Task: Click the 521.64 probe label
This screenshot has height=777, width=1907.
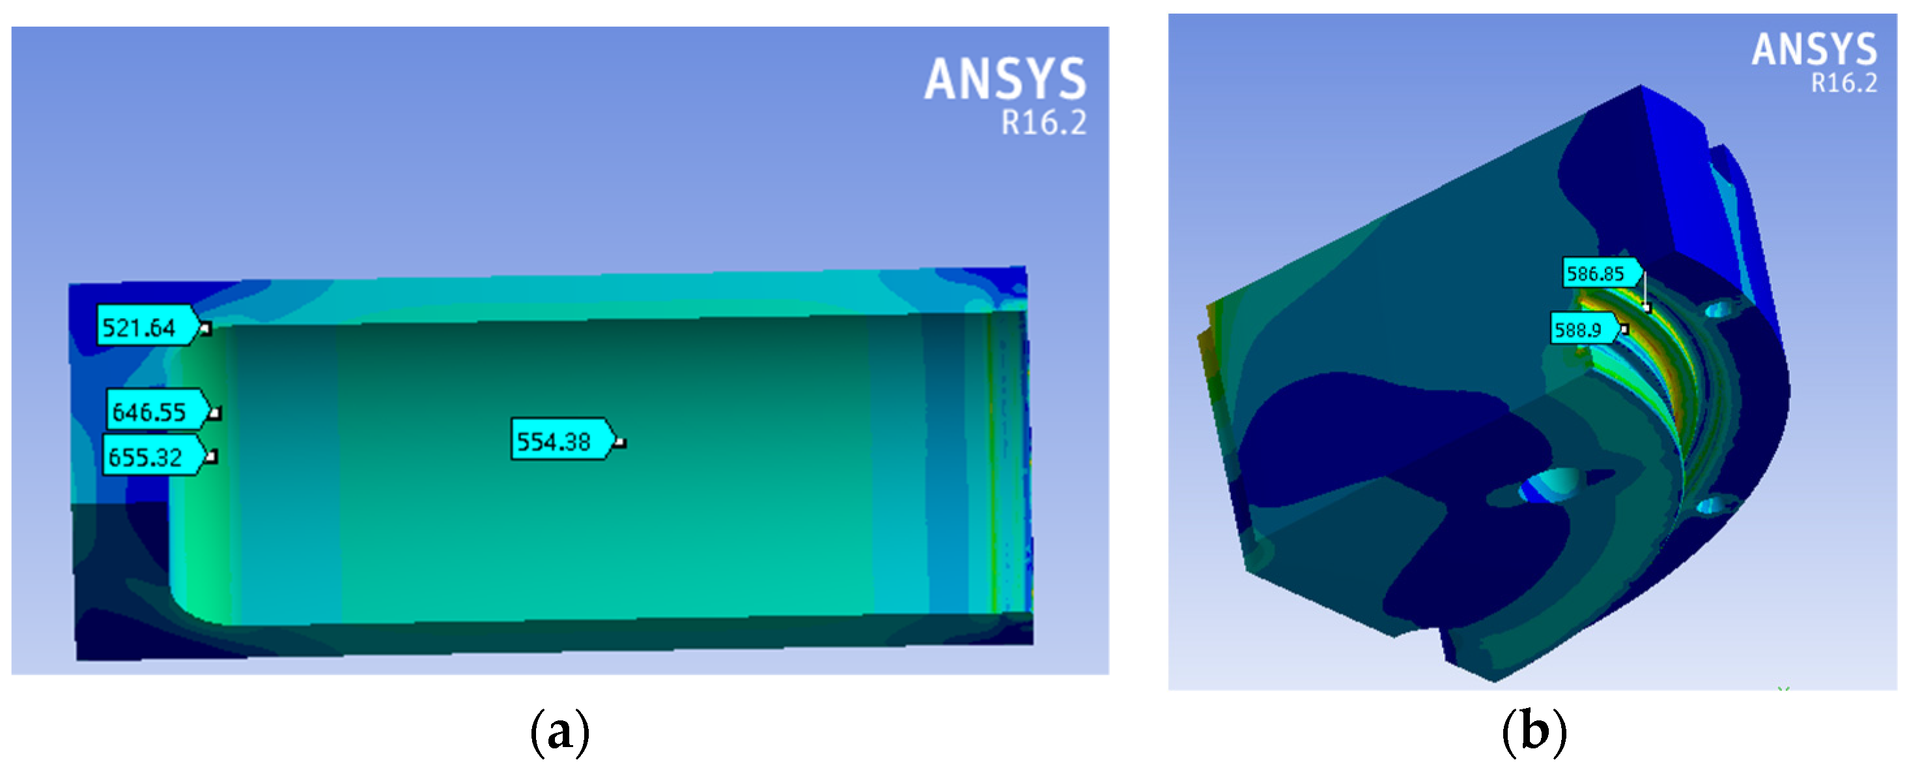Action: pyautogui.click(x=148, y=325)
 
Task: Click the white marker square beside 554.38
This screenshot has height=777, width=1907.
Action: pyautogui.click(x=621, y=443)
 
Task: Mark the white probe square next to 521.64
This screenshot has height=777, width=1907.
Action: pyautogui.click(x=206, y=329)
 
